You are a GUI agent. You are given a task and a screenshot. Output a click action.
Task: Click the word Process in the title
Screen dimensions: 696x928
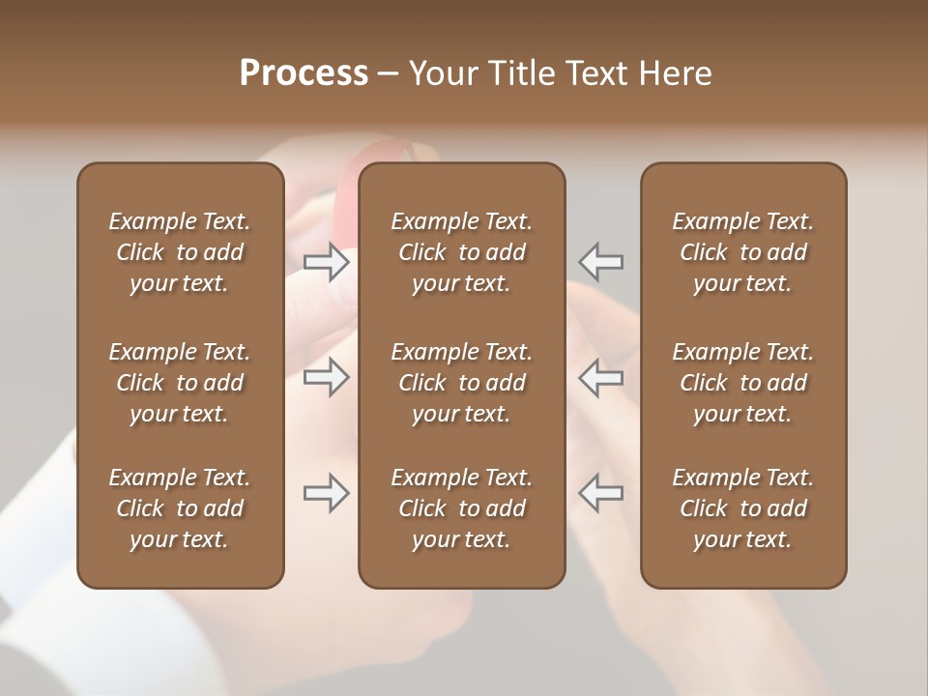tap(304, 73)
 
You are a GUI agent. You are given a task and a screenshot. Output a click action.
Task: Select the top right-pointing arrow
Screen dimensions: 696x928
tap(327, 261)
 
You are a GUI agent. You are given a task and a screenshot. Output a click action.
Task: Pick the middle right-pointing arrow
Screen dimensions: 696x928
tap(327, 377)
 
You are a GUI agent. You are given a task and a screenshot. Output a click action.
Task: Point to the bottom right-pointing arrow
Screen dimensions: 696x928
tap(327, 493)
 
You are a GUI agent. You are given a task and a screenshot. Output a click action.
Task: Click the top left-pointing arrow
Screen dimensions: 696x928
tap(601, 261)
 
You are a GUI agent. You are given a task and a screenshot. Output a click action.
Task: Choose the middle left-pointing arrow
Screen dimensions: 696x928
tap(601, 377)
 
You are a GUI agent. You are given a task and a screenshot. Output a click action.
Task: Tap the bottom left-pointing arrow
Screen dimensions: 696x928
tap(601, 493)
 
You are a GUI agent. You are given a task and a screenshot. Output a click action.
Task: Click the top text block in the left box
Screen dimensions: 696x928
tap(180, 252)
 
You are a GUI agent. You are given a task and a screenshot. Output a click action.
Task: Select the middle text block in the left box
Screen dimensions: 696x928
tap(180, 383)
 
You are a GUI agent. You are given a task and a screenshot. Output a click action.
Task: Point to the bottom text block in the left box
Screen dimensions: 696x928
tap(180, 508)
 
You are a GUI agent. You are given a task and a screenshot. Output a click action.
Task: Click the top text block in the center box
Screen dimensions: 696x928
tap(462, 252)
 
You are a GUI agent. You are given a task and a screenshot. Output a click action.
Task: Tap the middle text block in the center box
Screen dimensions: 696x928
tap(462, 383)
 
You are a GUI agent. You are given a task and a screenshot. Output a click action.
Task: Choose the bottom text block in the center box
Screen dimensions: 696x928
tap(462, 508)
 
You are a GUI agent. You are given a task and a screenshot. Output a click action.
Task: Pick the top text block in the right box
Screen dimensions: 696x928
tap(743, 252)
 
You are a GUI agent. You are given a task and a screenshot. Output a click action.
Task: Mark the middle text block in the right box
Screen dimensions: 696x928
tap(743, 383)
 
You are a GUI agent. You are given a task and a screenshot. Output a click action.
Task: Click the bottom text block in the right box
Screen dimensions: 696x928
tap(743, 508)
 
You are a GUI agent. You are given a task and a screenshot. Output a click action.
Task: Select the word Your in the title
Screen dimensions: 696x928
tap(440, 73)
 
